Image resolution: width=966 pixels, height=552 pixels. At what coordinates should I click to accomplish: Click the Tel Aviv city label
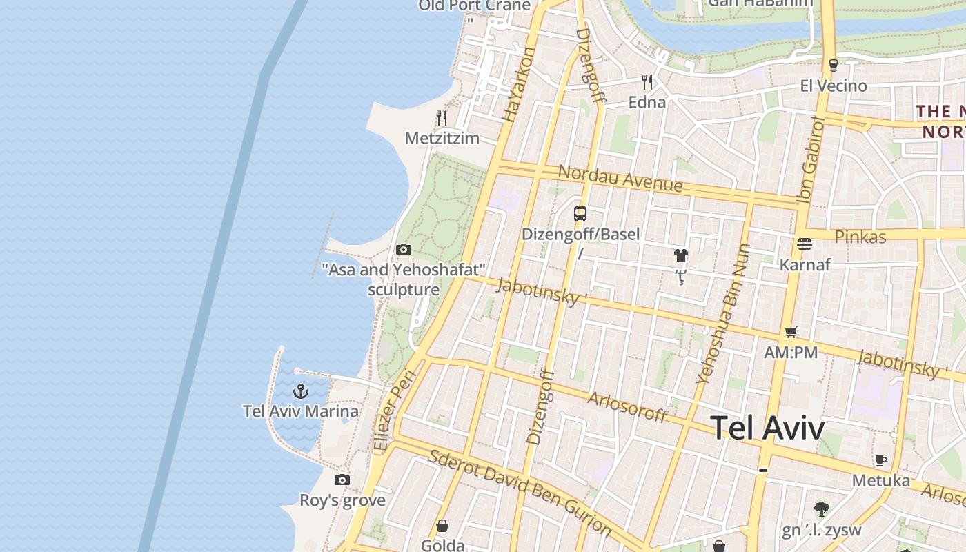coord(767,428)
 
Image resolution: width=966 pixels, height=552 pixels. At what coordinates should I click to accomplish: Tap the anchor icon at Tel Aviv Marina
coord(300,392)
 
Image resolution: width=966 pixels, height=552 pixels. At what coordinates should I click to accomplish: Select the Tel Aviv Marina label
coord(300,411)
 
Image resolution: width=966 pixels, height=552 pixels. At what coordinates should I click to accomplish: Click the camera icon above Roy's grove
coord(342,480)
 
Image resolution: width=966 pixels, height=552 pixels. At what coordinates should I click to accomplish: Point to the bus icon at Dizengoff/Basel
coord(580,213)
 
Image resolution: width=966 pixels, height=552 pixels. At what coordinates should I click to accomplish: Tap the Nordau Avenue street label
coord(620,178)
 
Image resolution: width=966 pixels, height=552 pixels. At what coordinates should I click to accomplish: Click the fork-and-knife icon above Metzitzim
coord(442,118)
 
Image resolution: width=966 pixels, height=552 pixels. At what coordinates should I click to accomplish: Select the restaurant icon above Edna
coord(647,82)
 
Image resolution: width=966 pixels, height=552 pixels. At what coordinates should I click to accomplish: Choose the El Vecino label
coord(833,86)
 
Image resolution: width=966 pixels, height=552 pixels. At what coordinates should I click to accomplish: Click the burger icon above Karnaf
coord(804,244)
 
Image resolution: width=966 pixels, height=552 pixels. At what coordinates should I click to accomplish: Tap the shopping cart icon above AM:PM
coord(791,332)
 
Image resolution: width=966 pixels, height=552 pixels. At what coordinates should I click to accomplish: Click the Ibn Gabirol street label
coord(811,160)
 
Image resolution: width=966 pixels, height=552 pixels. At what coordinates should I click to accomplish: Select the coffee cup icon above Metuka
coord(880,460)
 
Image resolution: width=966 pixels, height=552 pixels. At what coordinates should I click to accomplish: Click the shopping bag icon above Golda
coord(442,526)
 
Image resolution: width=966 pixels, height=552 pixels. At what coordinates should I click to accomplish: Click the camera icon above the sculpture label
coord(404,249)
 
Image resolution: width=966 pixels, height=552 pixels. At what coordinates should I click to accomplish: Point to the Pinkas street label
coord(860,237)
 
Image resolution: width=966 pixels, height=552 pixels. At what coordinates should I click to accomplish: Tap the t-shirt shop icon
coord(681,255)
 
